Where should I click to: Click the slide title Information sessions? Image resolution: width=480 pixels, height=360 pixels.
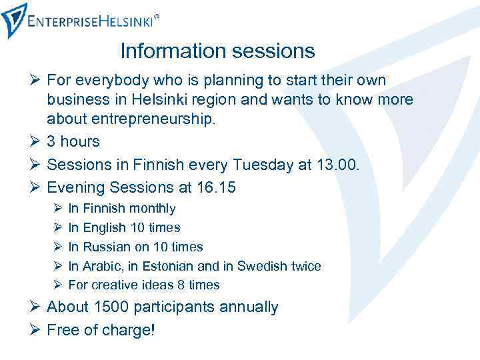point(217,50)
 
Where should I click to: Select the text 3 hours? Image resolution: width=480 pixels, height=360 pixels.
point(73,141)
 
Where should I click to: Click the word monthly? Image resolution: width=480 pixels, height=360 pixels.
point(153,209)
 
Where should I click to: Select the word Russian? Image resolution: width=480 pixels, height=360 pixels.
point(107,247)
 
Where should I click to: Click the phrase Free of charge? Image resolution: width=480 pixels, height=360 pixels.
point(101,329)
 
